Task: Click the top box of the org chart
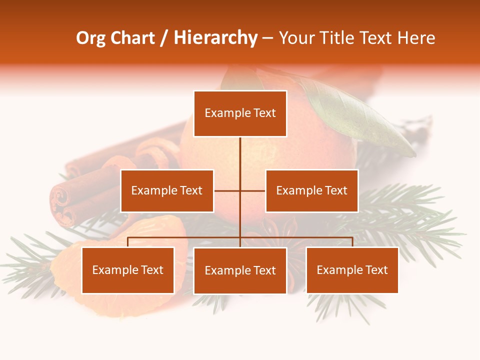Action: tap(240, 113)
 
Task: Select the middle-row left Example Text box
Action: tap(167, 190)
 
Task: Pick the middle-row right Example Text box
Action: tap(311, 190)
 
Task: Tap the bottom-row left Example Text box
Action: tap(128, 270)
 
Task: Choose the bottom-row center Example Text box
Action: tap(240, 270)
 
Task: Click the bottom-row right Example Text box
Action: tap(352, 270)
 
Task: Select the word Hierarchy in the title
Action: tap(215, 38)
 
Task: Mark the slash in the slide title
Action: tap(164, 38)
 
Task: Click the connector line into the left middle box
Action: tap(227, 190)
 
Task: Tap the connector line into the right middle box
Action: tap(253, 190)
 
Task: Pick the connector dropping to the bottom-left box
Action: tap(128, 242)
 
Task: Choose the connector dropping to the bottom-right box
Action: tap(352, 242)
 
